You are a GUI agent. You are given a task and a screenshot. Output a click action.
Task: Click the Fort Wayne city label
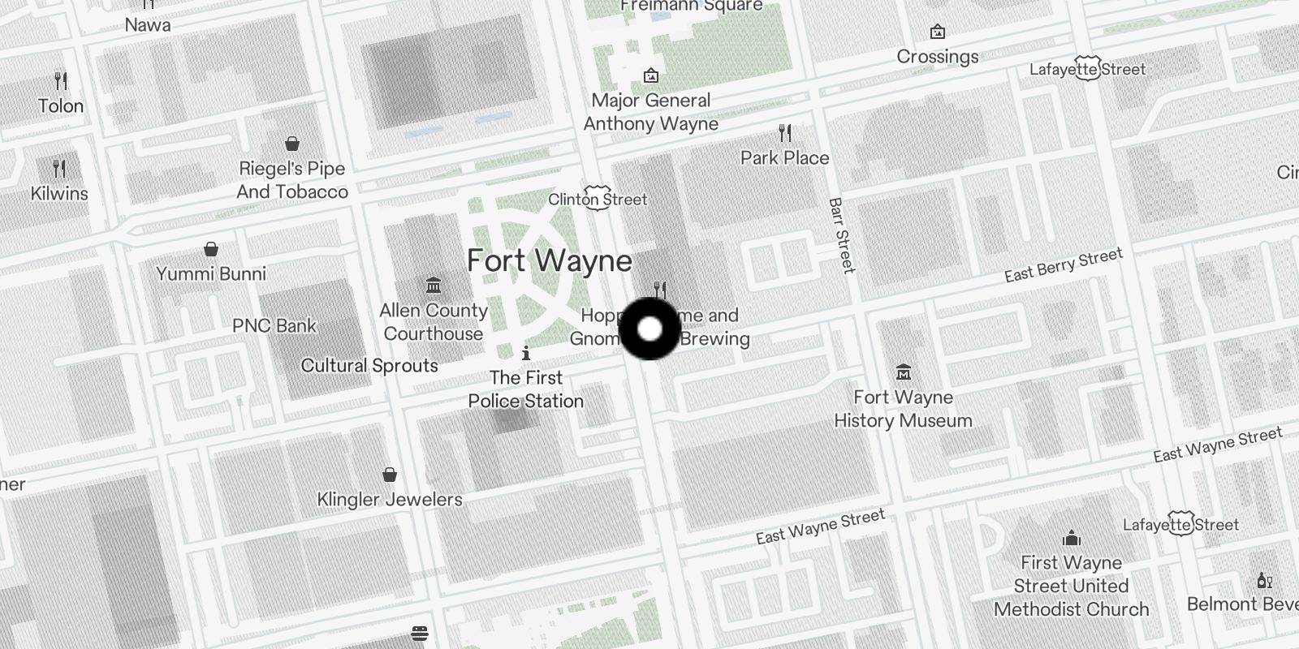click(x=549, y=260)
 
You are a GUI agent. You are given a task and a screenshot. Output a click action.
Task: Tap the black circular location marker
click(x=649, y=329)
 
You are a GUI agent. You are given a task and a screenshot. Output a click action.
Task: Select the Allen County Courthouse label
click(x=434, y=322)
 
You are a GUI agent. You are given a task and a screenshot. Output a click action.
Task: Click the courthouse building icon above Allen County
click(x=434, y=286)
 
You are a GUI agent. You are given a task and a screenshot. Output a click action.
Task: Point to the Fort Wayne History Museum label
click(x=903, y=409)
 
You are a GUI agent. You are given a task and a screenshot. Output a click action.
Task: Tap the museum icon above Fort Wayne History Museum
click(x=903, y=373)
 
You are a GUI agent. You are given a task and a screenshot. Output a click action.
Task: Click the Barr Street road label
click(x=841, y=235)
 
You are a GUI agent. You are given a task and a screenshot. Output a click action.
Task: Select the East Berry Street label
click(x=1063, y=265)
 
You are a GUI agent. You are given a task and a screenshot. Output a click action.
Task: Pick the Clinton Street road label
click(x=598, y=199)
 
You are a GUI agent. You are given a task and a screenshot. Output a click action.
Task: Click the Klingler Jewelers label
click(x=390, y=499)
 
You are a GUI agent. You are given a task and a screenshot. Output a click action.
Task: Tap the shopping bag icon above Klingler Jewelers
click(x=390, y=474)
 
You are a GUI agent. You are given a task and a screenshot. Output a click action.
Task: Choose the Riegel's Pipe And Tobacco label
click(x=292, y=180)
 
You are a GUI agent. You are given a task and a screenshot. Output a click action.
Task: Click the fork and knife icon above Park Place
click(x=784, y=132)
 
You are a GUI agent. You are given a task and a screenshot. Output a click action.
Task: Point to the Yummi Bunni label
click(x=211, y=273)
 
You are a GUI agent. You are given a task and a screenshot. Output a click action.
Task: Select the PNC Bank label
click(x=274, y=325)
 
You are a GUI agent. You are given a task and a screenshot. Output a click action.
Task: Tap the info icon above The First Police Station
click(x=526, y=353)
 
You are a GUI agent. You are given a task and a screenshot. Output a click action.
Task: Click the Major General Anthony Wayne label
click(x=650, y=112)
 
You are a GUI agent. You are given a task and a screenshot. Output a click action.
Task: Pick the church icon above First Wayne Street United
click(x=1071, y=538)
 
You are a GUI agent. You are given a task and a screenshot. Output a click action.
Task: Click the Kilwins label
click(x=59, y=193)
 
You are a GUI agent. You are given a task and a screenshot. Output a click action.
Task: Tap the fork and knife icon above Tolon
click(x=61, y=81)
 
